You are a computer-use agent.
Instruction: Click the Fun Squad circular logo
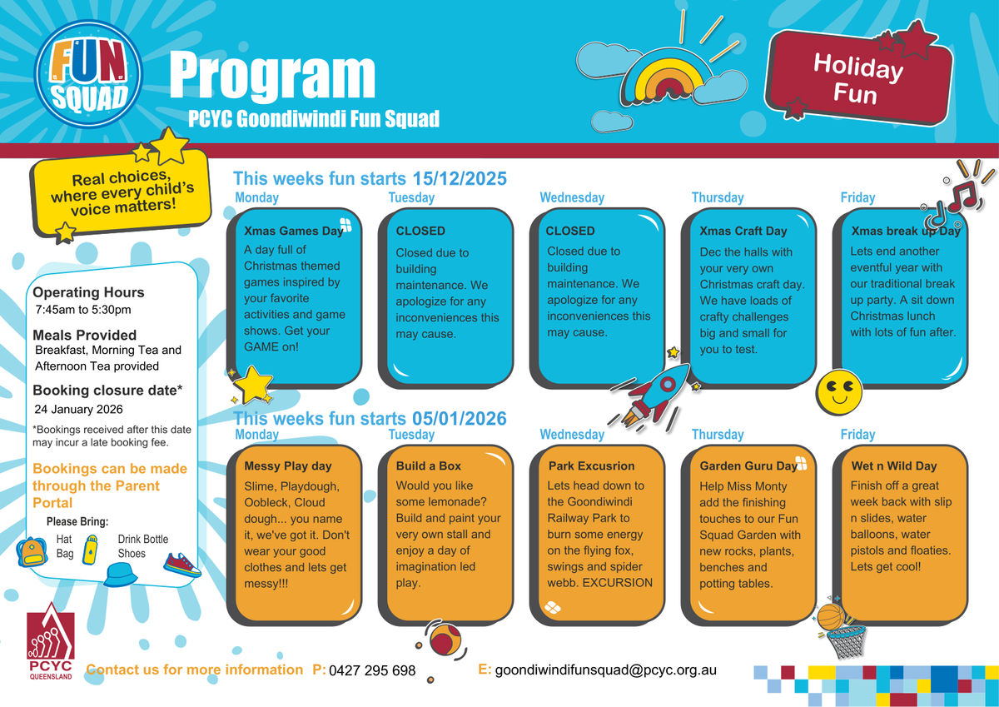coord(88,82)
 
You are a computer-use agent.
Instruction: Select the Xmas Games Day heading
coord(293,231)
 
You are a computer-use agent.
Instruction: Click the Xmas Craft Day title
coord(743,231)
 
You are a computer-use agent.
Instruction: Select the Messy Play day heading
coord(288,466)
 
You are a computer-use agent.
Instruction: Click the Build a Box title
coord(428,466)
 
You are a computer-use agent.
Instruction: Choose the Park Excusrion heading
coord(591,466)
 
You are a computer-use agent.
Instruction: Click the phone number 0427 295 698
coord(372,670)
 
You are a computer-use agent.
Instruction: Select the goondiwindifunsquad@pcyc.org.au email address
coord(605,670)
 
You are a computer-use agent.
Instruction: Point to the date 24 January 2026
coord(78,409)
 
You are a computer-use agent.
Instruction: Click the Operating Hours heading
coord(88,292)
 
